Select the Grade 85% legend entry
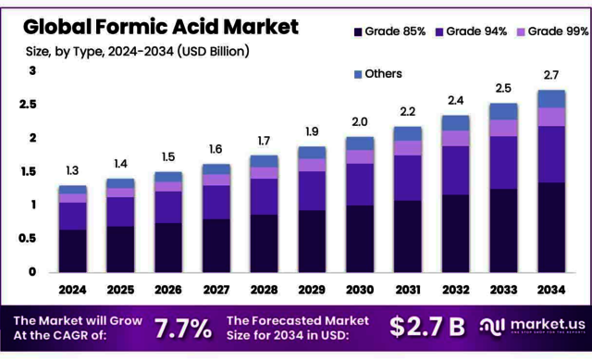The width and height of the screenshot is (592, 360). [388, 32]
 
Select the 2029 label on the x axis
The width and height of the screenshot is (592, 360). [312, 289]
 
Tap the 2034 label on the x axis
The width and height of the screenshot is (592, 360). [551, 289]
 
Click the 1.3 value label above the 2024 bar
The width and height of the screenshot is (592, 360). [71, 169]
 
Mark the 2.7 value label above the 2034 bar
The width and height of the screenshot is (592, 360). [551, 74]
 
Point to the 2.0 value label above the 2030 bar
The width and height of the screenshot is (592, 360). [360, 121]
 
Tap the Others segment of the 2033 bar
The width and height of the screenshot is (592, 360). [503, 111]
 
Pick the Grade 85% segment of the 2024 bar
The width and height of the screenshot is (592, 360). [72, 250]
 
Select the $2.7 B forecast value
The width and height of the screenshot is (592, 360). [427, 327]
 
